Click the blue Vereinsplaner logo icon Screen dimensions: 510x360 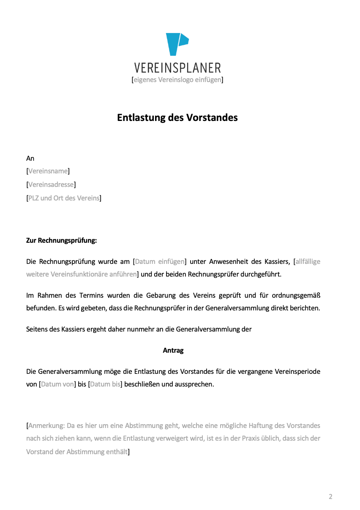177,44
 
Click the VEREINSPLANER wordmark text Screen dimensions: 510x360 177,68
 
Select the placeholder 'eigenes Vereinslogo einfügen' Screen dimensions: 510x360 177,80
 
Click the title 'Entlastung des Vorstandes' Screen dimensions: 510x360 177,118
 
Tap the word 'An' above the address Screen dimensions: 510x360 30,158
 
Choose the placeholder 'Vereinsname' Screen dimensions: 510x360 48,171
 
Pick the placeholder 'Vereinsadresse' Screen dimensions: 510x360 51,185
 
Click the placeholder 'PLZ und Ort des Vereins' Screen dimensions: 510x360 64,198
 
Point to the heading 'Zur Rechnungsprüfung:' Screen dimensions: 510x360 62,241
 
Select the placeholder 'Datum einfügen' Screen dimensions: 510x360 160,261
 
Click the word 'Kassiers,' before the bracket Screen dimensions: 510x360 277,261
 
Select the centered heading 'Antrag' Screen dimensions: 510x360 173,350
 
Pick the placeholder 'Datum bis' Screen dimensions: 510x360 105,384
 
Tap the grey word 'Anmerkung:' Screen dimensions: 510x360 46,425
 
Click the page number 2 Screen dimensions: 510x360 330,496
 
